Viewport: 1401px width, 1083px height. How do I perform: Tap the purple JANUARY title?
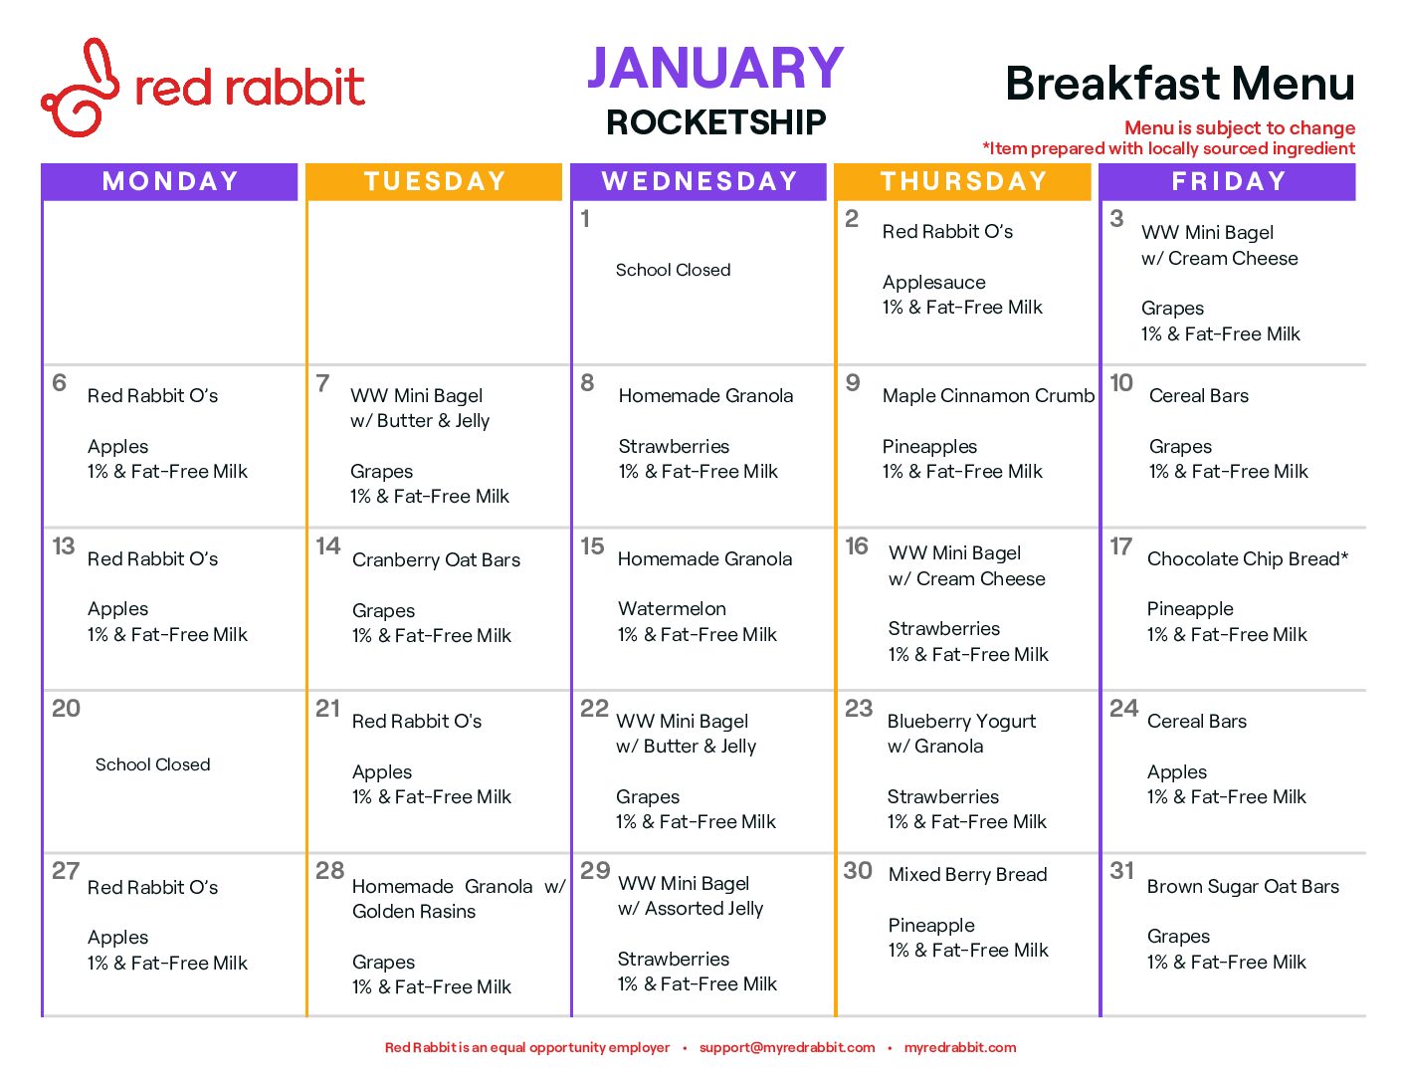pyautogui.click(x=715, y=68)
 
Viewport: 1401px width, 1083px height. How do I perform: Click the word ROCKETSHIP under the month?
pyautogui.click(x=715, y=121)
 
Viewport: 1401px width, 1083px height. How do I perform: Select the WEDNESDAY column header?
pyautogui.click(x=700, y=181)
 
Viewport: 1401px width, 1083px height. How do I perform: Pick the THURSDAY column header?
pyautogui.click(x=964, y=181)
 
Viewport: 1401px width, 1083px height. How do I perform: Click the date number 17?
pyautogui.click(x=1120, y=546)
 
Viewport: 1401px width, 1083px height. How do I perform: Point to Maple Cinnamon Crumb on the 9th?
pyautogui.click(x=988, y=395)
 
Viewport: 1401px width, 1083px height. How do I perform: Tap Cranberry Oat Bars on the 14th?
pyautogui.click(x=436, y=559)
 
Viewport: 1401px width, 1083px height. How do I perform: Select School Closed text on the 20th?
pyautogui.click(x=153, y=764)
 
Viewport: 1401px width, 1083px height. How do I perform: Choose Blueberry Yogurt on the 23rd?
pyautogui.click(x=961, y=721)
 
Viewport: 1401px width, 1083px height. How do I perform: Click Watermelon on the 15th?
pyautogui.click(x=672, y=608)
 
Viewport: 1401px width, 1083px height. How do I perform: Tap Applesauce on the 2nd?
pyautogui.click(x=933, y=282)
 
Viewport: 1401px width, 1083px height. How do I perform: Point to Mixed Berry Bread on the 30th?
pyautogui.click(x=968, y=874)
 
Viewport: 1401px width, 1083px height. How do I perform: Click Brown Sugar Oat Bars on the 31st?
pyautogui.click(x=1243, y=886)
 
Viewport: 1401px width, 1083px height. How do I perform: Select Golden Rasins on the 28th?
pyautogui.click(x=414, y=911)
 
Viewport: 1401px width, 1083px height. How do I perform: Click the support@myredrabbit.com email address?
pyautogui.click(x=787, y=1047)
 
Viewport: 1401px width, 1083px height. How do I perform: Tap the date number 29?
pyautogui.click(x=594, y=870)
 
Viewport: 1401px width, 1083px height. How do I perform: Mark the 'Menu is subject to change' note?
pyautogui.click(x=1240, y=127)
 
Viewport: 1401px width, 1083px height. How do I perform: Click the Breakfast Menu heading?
pyautogui.click(x=1180, y=84)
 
